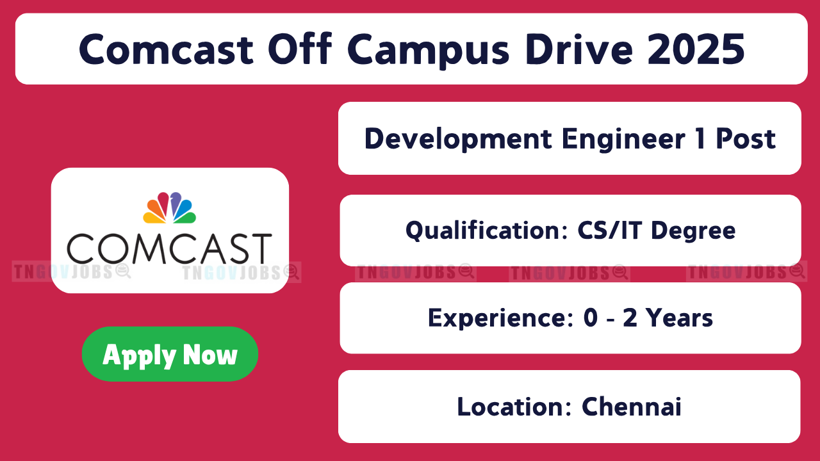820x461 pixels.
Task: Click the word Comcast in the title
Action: (166, 49)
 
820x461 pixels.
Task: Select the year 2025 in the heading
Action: (696, 49)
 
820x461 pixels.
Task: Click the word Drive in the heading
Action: (578, 49)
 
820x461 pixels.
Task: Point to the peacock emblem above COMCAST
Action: (170, 208)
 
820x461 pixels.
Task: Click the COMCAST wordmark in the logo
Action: (170, 249)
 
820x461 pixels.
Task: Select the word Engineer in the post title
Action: (624, 140)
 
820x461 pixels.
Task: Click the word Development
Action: (458, 140)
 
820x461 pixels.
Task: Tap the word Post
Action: (746, 139)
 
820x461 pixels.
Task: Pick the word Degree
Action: (693, 231)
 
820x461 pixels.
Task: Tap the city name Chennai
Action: (632, 406)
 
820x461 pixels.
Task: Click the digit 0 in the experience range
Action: (591, 318)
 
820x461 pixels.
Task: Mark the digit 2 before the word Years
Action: (630, 318)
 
